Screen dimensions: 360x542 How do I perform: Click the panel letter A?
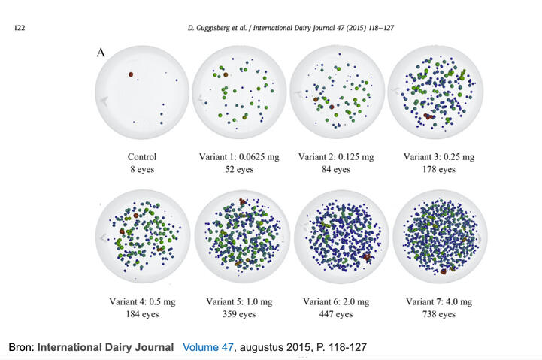[101, 53]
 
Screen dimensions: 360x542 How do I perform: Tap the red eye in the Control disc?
[130, 74]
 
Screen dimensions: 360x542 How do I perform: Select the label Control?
[142, 157]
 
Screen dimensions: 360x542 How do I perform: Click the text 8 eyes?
[142, 169]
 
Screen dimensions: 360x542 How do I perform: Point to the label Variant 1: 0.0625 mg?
[239, 157]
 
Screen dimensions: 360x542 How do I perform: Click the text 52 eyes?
[239, 169]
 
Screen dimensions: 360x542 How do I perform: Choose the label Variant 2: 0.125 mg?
[336, 157]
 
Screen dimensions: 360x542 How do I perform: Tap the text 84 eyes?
[336, 169]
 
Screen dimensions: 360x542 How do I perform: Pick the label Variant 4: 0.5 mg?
[142, 302]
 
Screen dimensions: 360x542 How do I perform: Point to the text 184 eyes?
[142, 314]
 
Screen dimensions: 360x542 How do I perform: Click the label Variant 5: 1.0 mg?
[239, 302]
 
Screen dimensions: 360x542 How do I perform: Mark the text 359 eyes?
[239, 314]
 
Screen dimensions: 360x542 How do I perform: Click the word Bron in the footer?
[20, 348]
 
